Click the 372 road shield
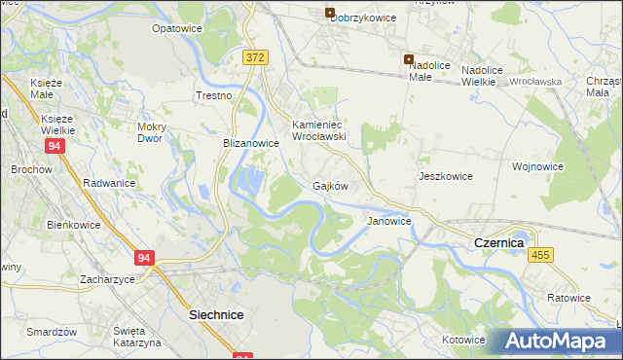pyautogui.click(x=255, y=58)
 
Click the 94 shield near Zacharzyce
pyautogui.click(x=144, y=258)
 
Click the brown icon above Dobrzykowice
pyautogui.click(x=330, y=14)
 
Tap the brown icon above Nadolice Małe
pyautogui.click(x=409, y=59)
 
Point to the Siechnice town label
pyautogui.click(x=215, y=315)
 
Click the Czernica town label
pyautogui.click(x=498, y=241)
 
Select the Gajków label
pyautogui.click(x=331, y=185)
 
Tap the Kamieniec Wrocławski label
pyautogui.click(x=319, y=130)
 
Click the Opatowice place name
pyautogui.click(x=176, y=28)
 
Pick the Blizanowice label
pyautogui.click(x=251, y=142)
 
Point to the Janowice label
pyautogui.click(x=388, y=221)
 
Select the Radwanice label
pyautogui.click(x=109, y=182)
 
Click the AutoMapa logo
pyautogui.click(x=562, y=341)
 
